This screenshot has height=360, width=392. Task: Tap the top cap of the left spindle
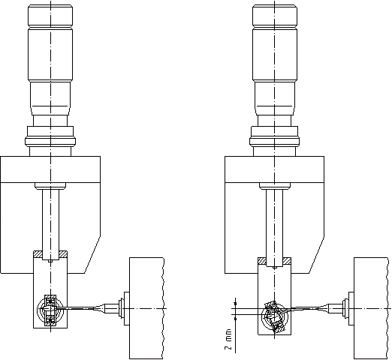coord(50,16)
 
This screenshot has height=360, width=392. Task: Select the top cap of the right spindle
coord(275,16)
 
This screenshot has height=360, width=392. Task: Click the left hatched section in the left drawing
coord(38,254)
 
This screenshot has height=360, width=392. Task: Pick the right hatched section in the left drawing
coord(63,254)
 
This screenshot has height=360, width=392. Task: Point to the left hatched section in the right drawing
coord(262,261)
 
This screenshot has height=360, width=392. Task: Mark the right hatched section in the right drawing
coord(287,261)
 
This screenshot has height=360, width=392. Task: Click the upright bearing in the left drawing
coord(50,310)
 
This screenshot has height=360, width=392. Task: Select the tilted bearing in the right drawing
coord(274,316)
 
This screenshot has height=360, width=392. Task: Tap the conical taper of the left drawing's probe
coord(99,308)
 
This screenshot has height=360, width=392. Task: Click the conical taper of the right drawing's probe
coord(323,308)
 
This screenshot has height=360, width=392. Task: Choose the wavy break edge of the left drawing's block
coord(164,308)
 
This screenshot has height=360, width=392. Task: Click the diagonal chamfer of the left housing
coord(92,255)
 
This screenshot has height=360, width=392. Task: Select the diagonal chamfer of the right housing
coord(317,255)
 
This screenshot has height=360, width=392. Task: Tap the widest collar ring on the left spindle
coord(50,141)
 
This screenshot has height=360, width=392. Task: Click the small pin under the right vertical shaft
coord(275,268)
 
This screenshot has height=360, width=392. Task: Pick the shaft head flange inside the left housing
coord(50,186)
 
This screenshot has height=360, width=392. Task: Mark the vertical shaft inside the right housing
coord(275,228)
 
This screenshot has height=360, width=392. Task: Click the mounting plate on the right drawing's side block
coord(351,308)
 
